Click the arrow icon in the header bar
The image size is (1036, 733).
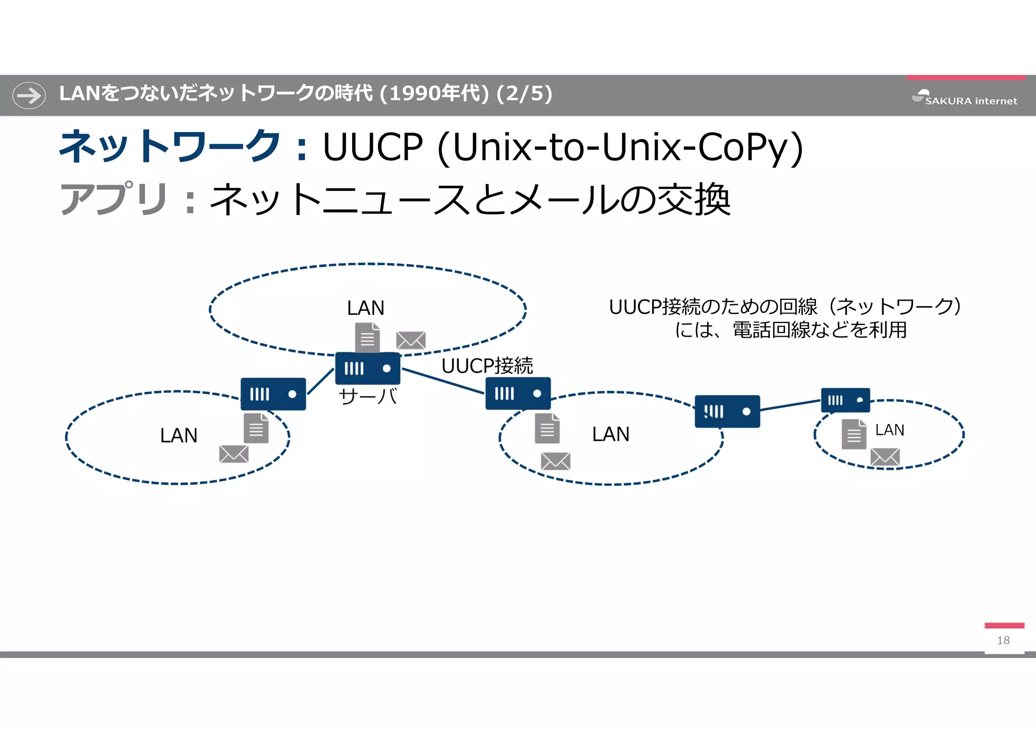29,95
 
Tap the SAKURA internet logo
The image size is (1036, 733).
965,97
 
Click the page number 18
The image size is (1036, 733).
1003,640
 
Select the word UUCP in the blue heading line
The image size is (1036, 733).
372,147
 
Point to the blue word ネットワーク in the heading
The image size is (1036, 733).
169,147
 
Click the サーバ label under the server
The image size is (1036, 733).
368,396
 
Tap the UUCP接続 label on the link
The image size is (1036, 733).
487,366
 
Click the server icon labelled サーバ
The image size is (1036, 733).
368,369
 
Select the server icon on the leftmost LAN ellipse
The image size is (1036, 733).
273,394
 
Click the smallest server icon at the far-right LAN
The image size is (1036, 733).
845,400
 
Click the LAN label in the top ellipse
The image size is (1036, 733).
365,308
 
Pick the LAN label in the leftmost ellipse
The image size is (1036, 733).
179,435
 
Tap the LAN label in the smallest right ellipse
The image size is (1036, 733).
889,430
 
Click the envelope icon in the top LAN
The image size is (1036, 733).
411,341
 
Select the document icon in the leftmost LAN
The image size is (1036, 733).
256,428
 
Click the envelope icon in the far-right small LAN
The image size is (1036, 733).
885,457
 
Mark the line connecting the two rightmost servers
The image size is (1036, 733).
790,405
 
